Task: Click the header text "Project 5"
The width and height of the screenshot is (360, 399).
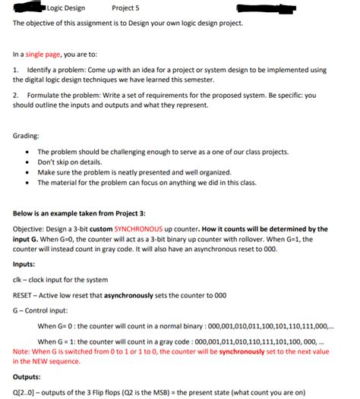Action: click(125, 8)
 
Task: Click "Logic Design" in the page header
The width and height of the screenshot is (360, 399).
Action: click(66, 8)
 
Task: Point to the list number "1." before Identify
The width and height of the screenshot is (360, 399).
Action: click(16, 69)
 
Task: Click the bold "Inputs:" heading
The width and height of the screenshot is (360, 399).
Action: click(28, 265)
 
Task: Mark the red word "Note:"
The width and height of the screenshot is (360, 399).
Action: click(23, 352)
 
